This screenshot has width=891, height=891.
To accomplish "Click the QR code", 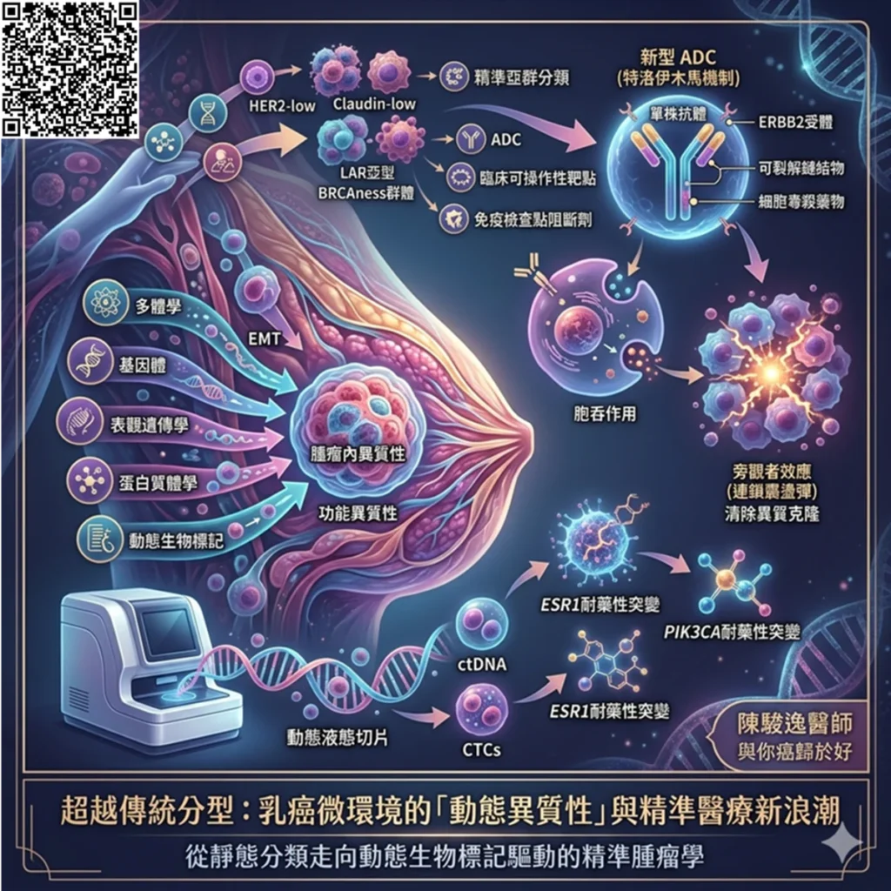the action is [70, 69].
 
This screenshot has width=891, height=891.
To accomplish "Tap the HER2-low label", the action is [282, 106].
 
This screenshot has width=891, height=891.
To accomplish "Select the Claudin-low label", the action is [374, 104].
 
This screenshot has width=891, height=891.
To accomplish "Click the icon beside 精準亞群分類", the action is [454, 77].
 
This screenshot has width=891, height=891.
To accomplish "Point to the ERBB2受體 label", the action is [795, 122].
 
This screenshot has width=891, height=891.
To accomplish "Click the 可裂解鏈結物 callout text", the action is [801, 168].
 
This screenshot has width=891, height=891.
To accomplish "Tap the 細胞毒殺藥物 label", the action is [801, 201].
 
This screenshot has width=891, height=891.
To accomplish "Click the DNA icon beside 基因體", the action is [90, 360].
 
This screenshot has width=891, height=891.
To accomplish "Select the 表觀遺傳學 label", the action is [149, 425].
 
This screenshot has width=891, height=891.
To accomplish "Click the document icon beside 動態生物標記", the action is [99, 538].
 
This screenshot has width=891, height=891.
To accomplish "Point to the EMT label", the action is [265, 339].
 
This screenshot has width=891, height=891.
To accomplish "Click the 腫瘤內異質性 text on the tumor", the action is [358, 452].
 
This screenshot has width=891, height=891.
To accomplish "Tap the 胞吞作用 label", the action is [605, 413].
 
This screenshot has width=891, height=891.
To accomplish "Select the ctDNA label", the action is [482, 664].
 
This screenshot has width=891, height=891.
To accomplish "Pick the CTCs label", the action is [482, 750].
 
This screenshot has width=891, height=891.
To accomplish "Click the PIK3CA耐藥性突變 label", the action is [732, 632].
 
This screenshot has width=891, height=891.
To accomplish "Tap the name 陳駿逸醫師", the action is [795, 724].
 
